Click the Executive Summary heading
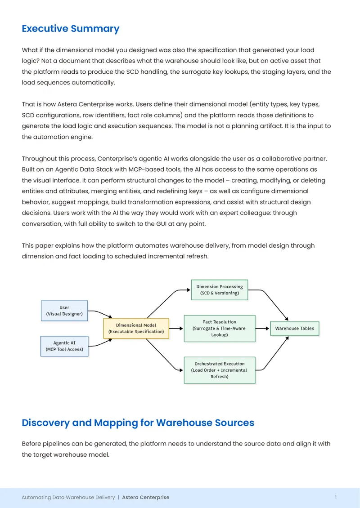70,29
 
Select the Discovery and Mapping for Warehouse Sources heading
138,423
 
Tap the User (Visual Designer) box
64,311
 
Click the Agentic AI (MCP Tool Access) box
64,346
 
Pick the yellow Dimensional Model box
136,329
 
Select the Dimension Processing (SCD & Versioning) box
220,290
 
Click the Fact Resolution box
220,329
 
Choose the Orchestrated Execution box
220,370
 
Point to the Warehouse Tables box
294,329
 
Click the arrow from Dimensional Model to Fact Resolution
176,329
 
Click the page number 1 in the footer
336,497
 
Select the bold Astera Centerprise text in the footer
146,497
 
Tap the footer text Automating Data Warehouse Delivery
68,497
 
